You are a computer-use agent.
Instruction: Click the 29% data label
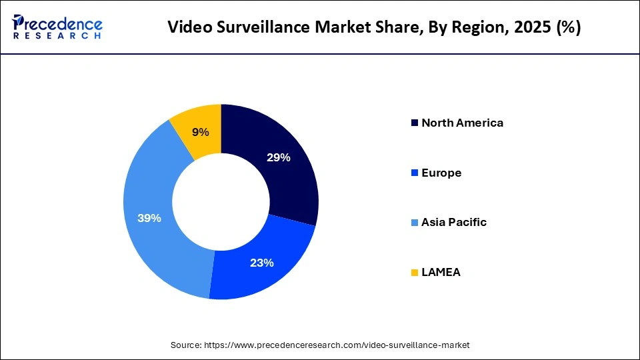pyautogui.click(x=279, y=158)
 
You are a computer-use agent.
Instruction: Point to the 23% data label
pyautogui.click(x=262, y=263)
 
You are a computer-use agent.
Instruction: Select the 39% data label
pyautogui.click(x=149, y=218)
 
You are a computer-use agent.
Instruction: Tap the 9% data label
pyautogui.click(x=201, y=132)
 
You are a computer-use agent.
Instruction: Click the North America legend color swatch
pyautogui.click(x=415, y=123)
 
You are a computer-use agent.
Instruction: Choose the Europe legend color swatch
pyautogui.click(x=415, y=173)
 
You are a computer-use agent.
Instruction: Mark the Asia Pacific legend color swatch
pyautogui.click(x=415, y=223)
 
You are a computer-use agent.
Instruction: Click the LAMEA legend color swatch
pyautogui.click(x=415, y=272)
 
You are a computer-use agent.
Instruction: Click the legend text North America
pyautogui.click(x=462, y=123)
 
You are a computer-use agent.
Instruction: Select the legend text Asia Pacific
pyautogui.click(x=454, y=223)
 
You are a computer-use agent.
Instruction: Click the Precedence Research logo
pyautogui.click(x=57, y=27)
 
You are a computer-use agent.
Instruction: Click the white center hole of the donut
pyautogui.click(x=221, y=201)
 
